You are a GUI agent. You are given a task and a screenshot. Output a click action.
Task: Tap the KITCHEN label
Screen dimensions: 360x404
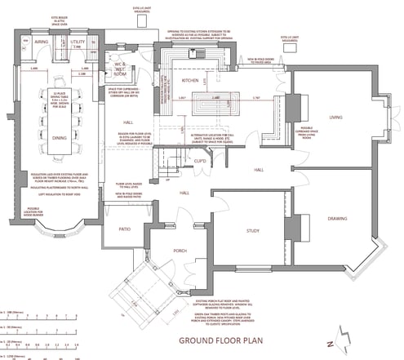coord(190,82)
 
